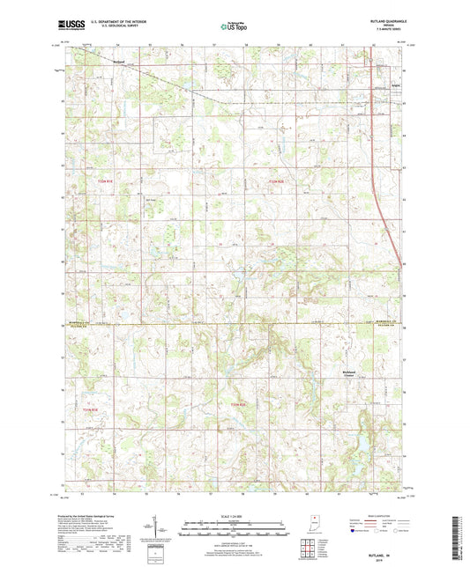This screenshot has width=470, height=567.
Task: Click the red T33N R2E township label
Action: click(x=277, y=180)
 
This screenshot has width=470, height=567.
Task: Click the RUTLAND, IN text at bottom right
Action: click(x=386, y=552)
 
